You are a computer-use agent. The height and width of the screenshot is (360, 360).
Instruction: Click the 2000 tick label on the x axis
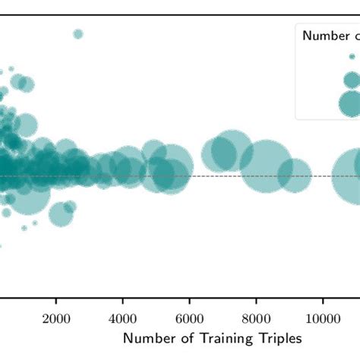[55, 318]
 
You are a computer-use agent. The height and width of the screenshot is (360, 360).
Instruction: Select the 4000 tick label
[122, 318]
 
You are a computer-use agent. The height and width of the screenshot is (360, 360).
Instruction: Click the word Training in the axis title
[205, 338]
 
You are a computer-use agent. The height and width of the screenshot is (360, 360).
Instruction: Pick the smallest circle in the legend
[352, 56]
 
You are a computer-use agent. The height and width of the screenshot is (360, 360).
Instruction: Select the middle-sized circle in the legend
[352, 79]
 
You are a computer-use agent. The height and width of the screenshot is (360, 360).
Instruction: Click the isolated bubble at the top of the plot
[77, 33]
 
